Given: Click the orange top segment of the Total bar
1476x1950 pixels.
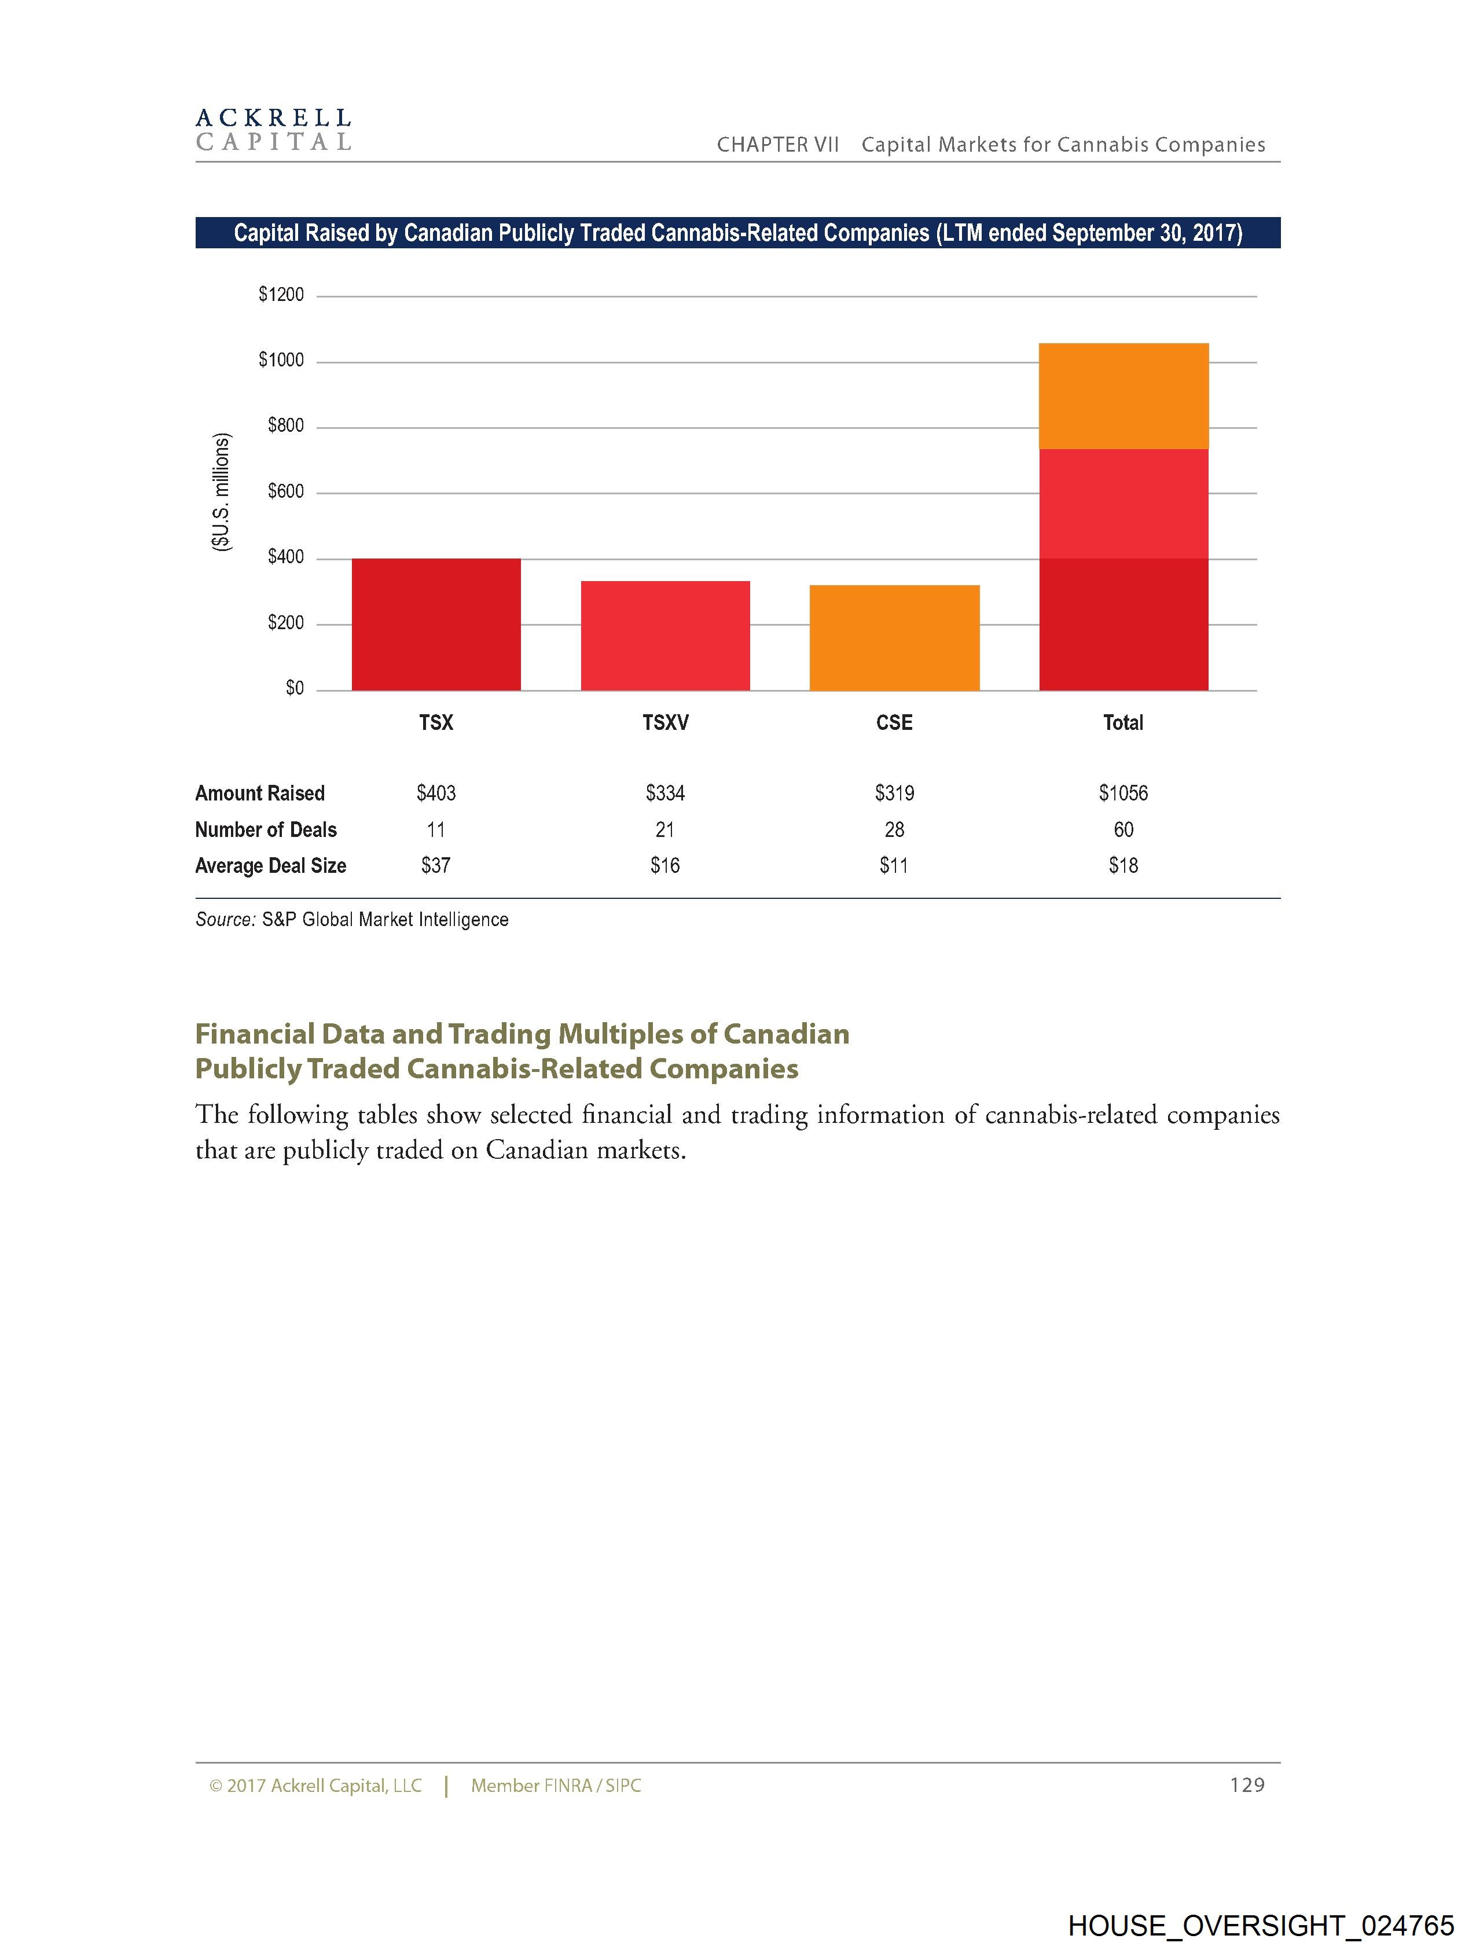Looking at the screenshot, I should point(1123,396).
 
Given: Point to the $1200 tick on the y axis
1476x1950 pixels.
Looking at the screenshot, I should point(280,295).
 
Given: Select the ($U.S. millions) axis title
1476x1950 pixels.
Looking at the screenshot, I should point(221,492).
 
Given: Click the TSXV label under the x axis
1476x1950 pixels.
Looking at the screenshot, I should point(665,723).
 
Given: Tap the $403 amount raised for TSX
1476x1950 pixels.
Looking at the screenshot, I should point(436,794).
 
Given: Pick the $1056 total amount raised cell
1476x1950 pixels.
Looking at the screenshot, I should point(1123,794).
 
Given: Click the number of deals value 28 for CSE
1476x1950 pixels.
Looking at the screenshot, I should point(894,829).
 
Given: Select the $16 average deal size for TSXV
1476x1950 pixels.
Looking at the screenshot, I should point(665,866).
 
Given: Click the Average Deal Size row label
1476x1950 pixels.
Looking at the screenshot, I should point(271,866).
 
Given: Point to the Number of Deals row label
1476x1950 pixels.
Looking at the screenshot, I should point(266,829).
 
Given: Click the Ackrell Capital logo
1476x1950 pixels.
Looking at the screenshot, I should point(273,130).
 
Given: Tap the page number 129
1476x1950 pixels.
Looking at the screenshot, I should point(1247,1785).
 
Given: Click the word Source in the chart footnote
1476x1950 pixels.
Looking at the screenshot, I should point(225,920).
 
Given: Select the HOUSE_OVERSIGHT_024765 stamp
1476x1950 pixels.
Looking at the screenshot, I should point(1260,1925).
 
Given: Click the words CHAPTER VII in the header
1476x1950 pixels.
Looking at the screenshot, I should point(778,145).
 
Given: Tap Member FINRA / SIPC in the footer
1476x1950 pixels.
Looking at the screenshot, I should point(556,1786).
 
